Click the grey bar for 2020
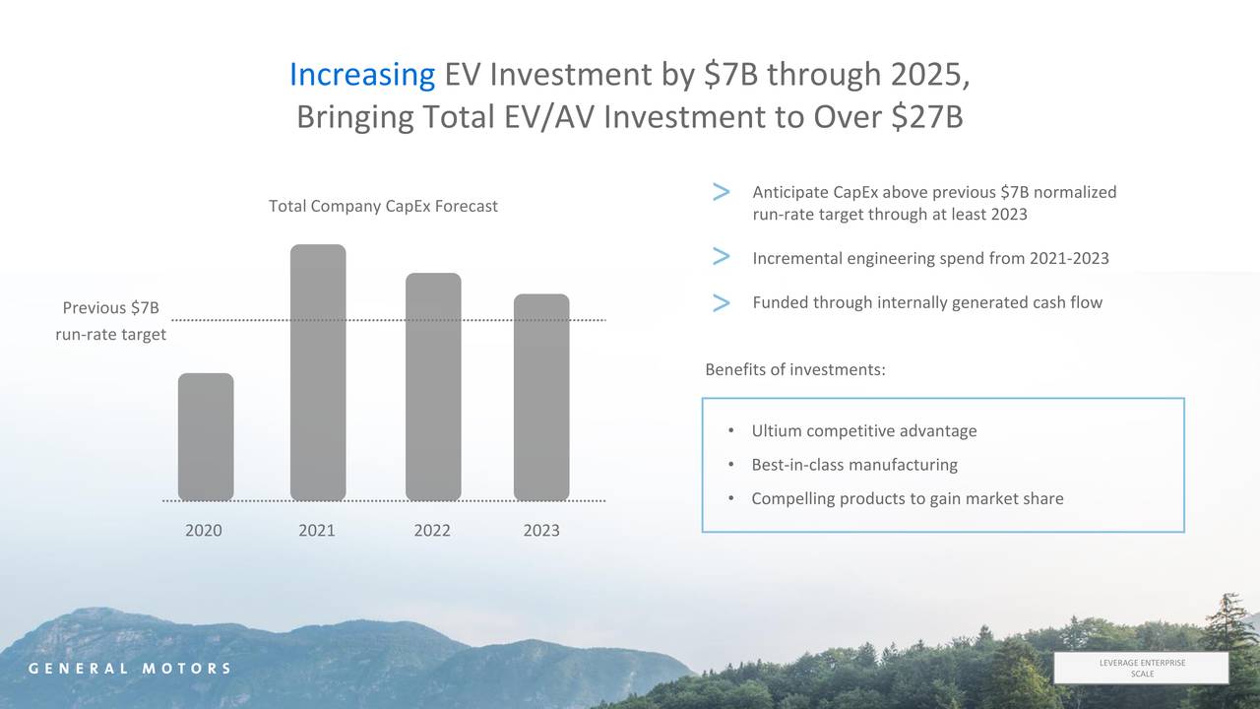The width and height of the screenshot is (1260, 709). (x=206, y=436)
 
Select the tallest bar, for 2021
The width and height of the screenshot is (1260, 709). (x=318, y=372)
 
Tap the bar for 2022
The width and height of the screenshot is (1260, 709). (x=433, y=386)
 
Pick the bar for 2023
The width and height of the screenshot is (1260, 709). (x=541, y=397)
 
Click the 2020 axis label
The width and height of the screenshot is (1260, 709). (x=204, y=531)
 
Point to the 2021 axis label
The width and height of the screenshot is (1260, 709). (x=317, y=531)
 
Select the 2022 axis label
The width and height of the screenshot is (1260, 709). (x=432, y=531)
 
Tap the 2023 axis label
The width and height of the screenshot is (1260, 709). (x=541, y=531)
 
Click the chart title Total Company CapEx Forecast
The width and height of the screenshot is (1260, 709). (x=383, y=206)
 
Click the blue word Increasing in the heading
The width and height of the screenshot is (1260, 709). (x=362, y=75)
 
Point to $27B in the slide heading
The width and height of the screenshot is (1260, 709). (x=926, y=117)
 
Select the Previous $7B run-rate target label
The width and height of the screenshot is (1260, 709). (x=110, y=322)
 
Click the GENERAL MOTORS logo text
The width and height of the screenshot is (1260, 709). (x=129, y=669)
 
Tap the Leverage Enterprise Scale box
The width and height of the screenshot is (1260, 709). (x=1141, y=668)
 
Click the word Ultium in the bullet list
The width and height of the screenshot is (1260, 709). (x=777, y=431)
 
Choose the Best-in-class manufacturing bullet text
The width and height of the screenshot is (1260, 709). (x=853, y=465)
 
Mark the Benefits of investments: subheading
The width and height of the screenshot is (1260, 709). (x=795, y=369)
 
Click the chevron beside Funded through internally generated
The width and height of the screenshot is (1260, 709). (x=721, y=302)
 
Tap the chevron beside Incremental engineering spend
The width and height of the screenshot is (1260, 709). (x=721, y=258)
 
